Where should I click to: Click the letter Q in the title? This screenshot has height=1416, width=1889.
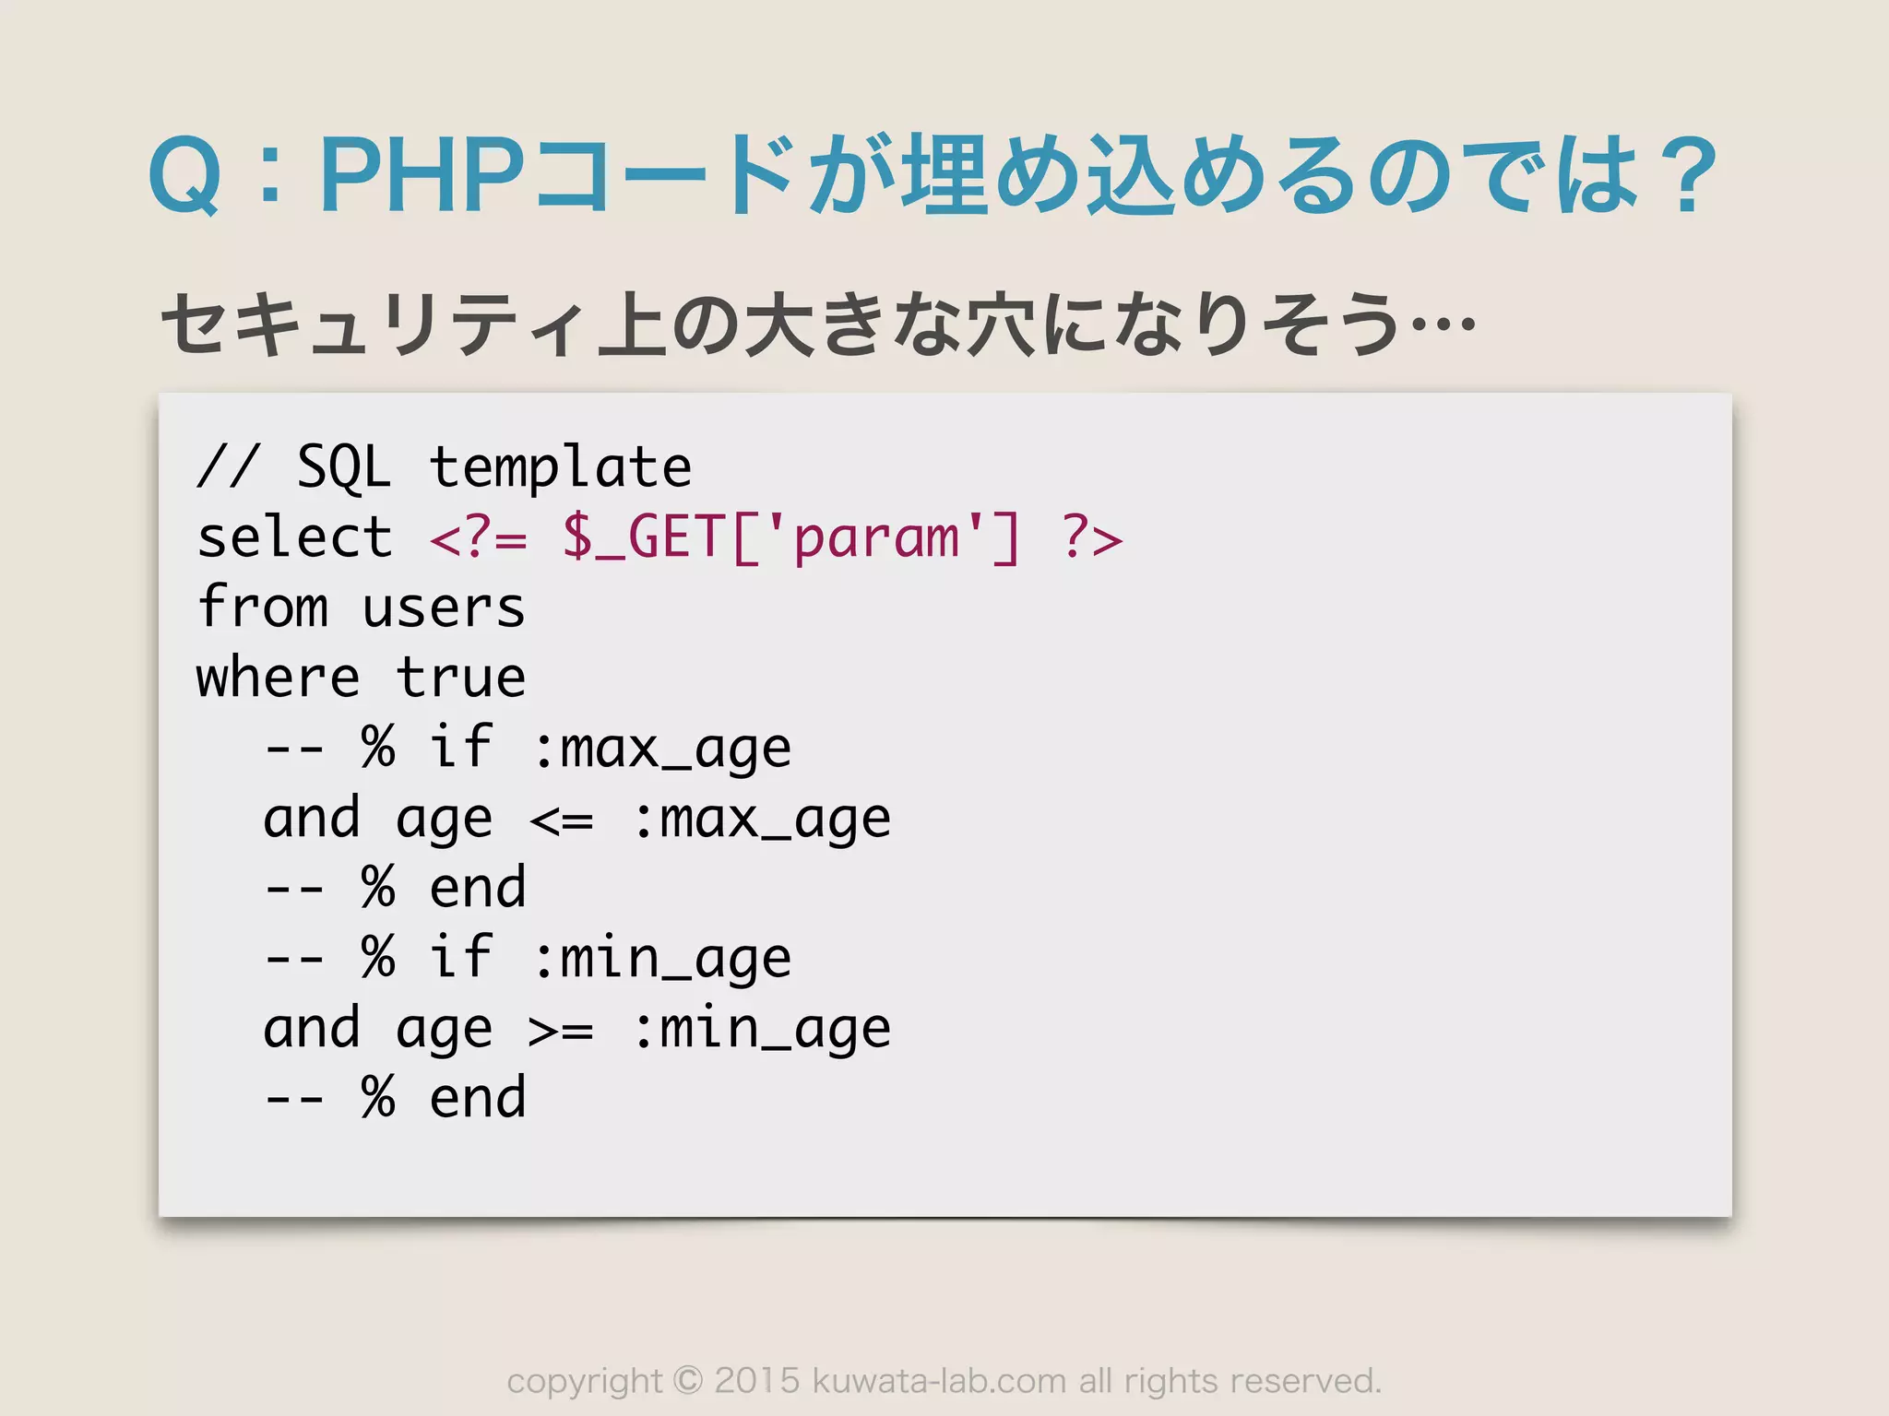pyautogui.click(x=184, y=175)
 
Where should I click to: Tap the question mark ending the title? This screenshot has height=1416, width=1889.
pyautogui.click(x=1682, y=175)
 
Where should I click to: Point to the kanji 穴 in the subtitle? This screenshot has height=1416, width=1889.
pyautogui.click(x=1000, y=324)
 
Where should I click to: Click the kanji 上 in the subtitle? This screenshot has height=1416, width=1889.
pyautogui.click(x=631, y=324)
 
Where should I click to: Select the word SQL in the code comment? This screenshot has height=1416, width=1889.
pyautogui.click(x=343, y=467)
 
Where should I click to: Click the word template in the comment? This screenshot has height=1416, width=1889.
pyautogui.click(x=560, y=467)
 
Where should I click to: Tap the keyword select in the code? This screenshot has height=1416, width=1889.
pyautogui.click(x=294, y=537)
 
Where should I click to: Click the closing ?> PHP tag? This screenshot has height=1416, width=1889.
pyautogui.click(x=1092, y=537)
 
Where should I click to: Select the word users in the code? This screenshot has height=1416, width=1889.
pyautogui.click(x=444, y=608)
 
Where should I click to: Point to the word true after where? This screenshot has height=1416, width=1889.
pyautogui.click(x=460, y=678)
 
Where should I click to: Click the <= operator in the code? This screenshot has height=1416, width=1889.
pyautogui.click(x=561, y=820)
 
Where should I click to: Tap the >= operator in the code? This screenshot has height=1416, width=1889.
pyautogui.click(x=561, y=1030)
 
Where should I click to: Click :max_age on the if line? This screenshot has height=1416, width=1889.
pyautogui.click(x=661, y=749)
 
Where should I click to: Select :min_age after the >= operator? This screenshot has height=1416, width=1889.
pyautogui.click(x=762, y=1030)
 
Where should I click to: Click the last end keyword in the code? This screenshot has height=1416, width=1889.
pyautogui.click(x=477, y=1099)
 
